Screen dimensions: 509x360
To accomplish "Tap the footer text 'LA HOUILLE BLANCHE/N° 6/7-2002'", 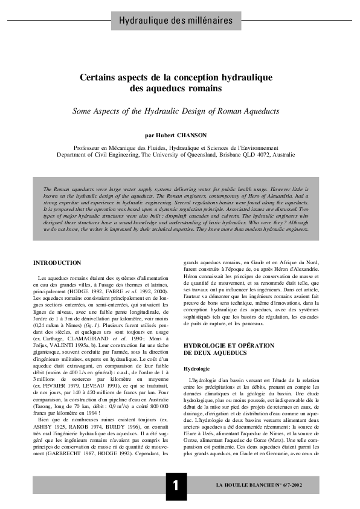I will coord(259,486).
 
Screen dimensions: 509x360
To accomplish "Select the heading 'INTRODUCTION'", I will coord(57,262).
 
